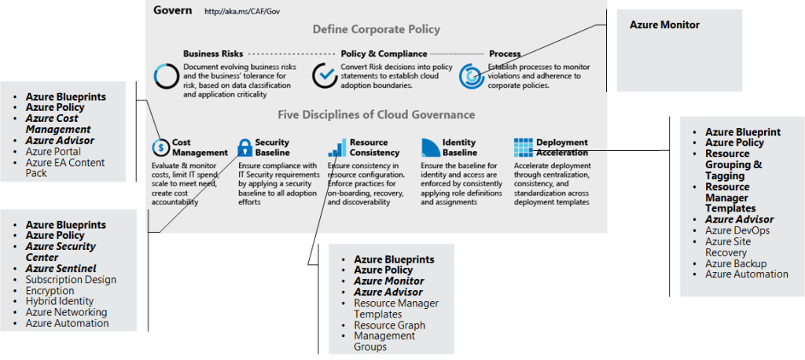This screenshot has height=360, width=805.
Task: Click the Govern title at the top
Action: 171,11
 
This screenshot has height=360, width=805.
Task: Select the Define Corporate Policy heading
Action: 376,30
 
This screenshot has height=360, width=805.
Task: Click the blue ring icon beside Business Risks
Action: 167,75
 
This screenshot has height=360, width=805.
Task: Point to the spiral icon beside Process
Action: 471,75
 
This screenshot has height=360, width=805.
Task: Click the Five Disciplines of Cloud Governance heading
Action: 376,115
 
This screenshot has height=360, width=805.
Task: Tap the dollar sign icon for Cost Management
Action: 160,147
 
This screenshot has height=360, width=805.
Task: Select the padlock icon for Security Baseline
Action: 244,146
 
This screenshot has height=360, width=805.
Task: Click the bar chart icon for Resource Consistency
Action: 336,147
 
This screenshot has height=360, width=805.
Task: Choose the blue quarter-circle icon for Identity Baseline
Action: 430,146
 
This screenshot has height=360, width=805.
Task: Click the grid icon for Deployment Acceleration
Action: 523,147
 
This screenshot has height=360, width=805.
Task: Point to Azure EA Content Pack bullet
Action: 64,167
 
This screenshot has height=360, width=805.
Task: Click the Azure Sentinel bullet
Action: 61,269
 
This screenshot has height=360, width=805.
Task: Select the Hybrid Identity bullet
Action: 59,301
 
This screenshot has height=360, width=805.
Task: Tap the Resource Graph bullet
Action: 389,325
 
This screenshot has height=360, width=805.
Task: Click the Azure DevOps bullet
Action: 737,230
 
